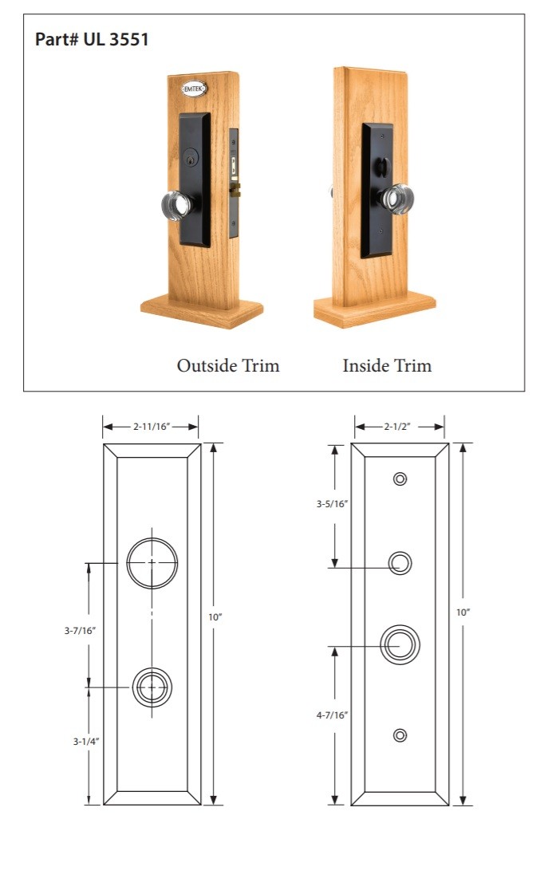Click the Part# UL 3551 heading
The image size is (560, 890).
click(92, 39)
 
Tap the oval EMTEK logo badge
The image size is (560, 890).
click(194, 89)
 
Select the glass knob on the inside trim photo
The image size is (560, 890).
click(396, 199)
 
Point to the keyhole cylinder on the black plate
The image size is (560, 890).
click(192, 159)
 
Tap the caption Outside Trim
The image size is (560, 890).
click(228, 365)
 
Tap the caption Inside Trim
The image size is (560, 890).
click(387, 365)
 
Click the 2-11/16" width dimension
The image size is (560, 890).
click(152, 427)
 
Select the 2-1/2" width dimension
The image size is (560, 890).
click(397, 427)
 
